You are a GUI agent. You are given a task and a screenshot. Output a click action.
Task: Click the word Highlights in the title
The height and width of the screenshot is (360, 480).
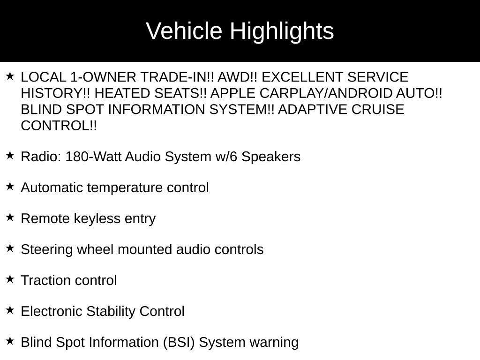(x=282, y=31)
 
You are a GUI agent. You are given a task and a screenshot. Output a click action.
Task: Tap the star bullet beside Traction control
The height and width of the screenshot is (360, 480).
(x=10, y=279)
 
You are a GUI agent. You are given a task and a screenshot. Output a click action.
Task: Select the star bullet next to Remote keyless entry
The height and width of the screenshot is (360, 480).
(x=10, y=217)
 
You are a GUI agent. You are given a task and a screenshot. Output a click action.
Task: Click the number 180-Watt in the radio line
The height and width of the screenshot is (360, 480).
(x=94, y=157)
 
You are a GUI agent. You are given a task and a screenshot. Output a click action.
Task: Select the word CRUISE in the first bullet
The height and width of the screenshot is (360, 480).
(x=377, y=110)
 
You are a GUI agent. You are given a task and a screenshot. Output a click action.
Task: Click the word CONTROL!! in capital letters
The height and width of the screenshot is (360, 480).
(x=59, y=126)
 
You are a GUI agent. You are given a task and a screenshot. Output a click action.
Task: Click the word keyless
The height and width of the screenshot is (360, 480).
(x=99, y=219)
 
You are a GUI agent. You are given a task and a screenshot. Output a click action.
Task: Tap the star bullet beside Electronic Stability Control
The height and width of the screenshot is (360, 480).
(x=10, y=310)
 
